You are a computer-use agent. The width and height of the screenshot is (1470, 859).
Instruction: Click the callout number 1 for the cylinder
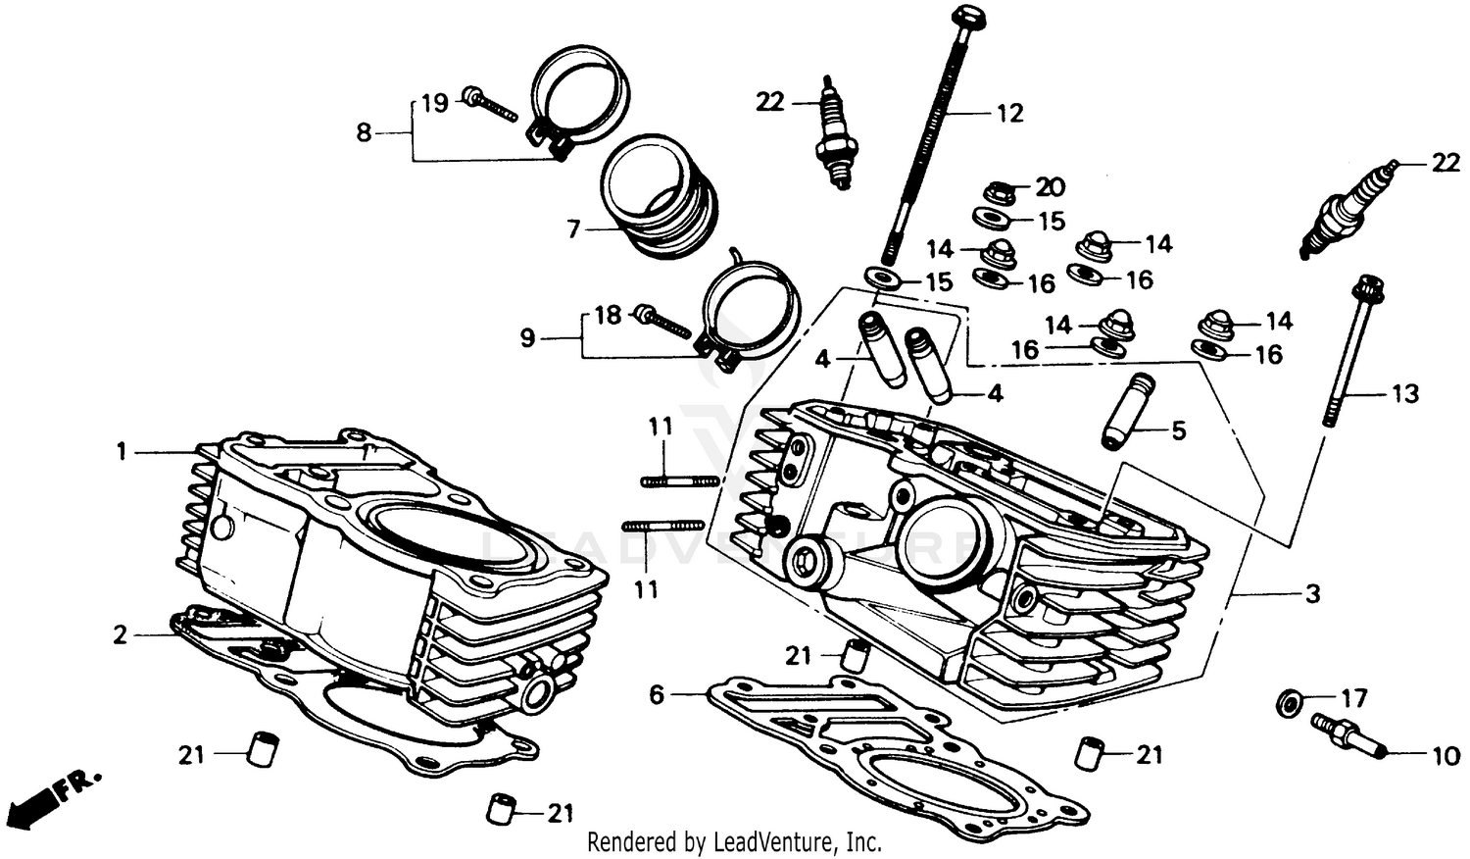122,452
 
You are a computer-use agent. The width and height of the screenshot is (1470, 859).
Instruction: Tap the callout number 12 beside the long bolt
1009,114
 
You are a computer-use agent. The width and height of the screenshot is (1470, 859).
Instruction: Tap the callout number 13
1405,393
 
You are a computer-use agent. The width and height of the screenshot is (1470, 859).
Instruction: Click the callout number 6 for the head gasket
657,695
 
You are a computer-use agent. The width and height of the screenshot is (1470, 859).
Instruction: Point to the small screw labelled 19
490,103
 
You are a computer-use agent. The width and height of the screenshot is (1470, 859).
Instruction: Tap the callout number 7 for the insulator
574,230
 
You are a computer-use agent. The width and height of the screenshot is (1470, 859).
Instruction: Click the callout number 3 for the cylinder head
1312,593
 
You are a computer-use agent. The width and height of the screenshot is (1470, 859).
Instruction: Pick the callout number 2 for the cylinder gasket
120,635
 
